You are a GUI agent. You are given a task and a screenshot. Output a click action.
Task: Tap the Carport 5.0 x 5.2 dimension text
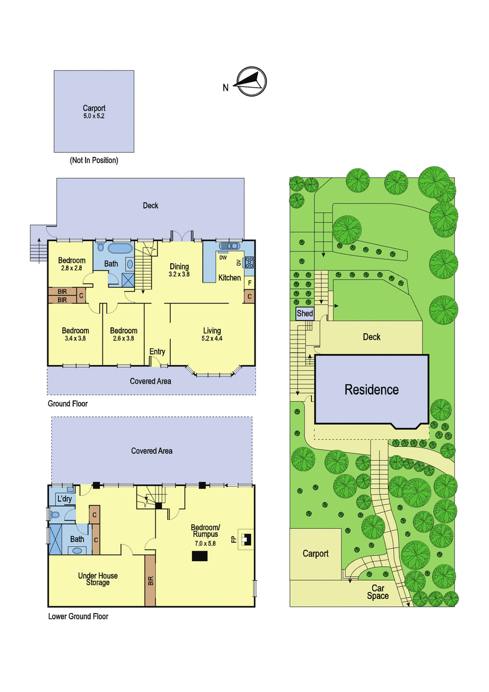click(94, 116)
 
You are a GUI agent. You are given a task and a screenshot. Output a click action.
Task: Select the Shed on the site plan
click(305, 313)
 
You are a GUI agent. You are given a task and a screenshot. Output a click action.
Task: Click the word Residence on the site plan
click(371, 390)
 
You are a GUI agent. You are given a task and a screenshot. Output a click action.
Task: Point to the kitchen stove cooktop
click(249, 262)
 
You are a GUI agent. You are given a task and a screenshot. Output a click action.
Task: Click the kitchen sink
click(229, 246)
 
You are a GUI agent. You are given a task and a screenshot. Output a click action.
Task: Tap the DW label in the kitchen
click(223, 258)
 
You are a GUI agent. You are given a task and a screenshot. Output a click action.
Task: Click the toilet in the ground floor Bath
click(101, 247)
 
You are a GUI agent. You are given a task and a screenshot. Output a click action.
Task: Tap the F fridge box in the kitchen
click(249, 283)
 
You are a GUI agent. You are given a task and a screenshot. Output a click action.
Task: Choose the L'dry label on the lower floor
click(65, 499)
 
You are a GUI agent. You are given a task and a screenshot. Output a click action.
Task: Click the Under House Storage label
click(97, 579)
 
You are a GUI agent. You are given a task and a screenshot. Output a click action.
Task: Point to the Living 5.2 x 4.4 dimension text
click(212, 339)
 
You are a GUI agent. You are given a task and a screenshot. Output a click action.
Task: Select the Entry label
click(157, 352)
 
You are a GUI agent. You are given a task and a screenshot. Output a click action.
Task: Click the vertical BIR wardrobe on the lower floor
click(150, 581)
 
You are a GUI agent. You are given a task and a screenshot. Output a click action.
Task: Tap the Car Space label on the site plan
click(378, 592)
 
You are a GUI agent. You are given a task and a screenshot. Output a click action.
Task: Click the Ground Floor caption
click(67, 404)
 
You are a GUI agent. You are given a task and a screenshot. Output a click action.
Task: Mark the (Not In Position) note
click(94, 160)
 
